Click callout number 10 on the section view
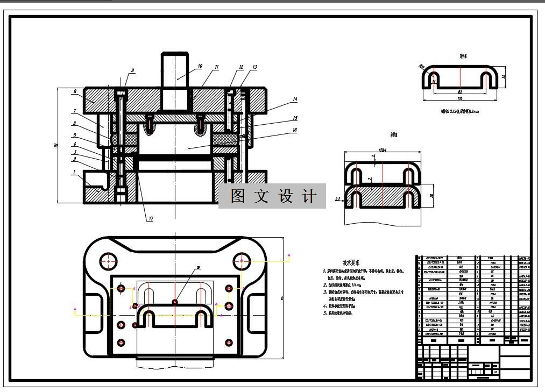[x=200, y=67]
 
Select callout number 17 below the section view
[x=151, y=219]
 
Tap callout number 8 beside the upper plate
[x=75, y=92]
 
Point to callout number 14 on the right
[x=295, y=99]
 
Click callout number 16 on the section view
[x=295, y=130]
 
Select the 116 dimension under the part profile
[x=459, y=99]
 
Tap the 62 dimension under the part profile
[x=459, y=92]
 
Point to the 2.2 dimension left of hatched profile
[x=337, y=199]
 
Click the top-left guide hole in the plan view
[x=109, y=261]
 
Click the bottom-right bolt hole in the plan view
[x=230, y=342]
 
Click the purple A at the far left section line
[x=75, y=309]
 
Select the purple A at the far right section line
[x=289, y=255]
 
